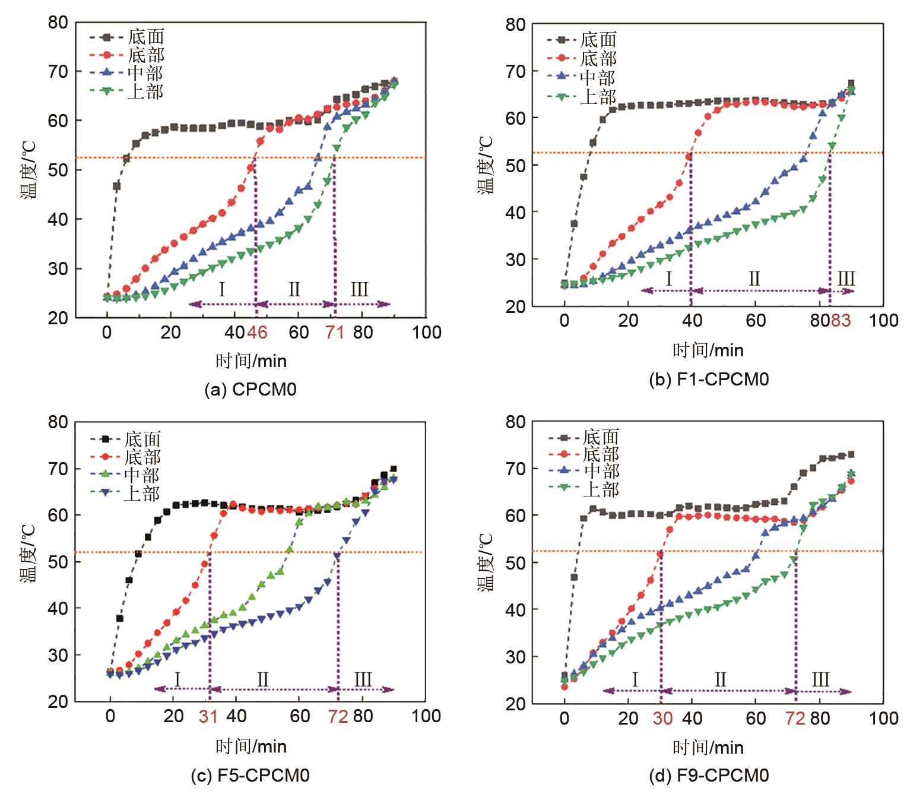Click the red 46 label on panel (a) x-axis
point(256,333)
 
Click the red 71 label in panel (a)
point(335,333)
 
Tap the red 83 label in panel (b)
point(841,321)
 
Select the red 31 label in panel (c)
point(208,716)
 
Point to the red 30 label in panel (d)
point(662,719)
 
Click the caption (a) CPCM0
point(250,390)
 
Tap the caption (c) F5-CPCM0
point(250,775)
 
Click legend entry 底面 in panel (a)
point(145,37)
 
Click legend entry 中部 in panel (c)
point(142,475)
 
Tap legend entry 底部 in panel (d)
point(601,454)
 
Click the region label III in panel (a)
point(359,290)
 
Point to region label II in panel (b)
point(754,278)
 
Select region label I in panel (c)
point(177,678)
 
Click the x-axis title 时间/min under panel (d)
point(708,747)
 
